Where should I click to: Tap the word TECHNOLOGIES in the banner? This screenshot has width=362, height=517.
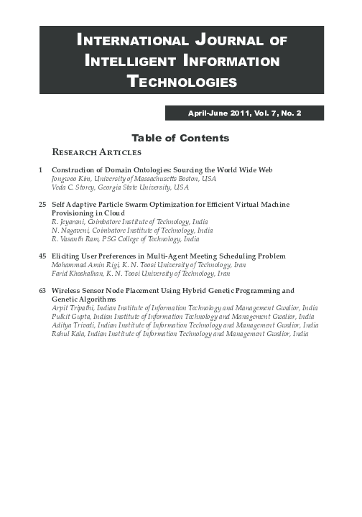[x=182, y=82]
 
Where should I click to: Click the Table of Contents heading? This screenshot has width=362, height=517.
[x=180, y=137]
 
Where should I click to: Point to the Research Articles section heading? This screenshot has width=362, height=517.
[x=97, y=152]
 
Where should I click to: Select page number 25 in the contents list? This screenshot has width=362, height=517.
[x=41, y=205]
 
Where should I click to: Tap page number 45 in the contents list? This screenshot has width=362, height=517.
[x=41, y=256]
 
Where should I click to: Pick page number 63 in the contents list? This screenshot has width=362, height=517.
[x=41, y=291]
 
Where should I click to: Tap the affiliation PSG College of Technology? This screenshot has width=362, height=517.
[x=144, y=239]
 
